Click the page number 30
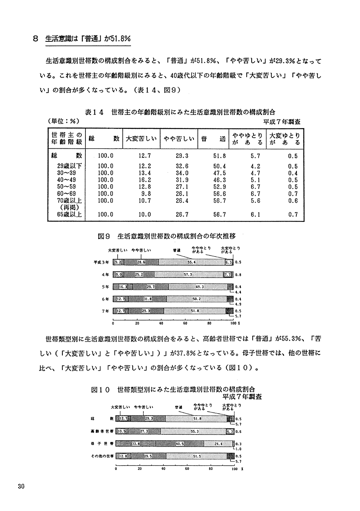pos(21,487)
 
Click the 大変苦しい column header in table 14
pos(141,139)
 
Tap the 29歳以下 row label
pos(70,167)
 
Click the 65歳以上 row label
pos(70,215)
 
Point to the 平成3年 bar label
pos(101,262)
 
